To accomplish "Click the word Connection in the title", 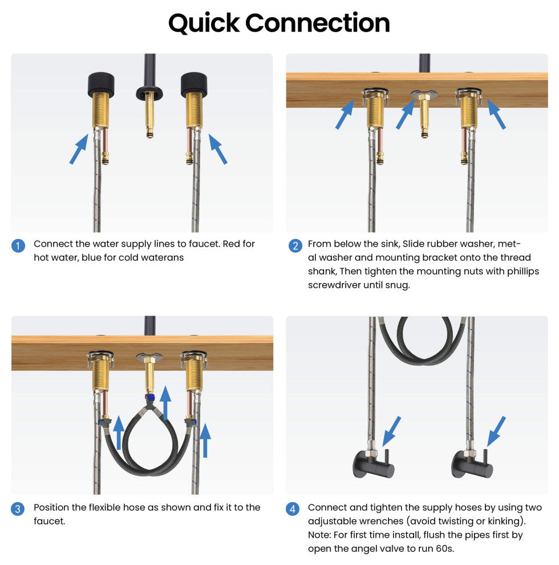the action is (x=317, y=23).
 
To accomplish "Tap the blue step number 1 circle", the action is (x=18, y=246).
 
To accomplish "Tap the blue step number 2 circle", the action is (x=295, y=246).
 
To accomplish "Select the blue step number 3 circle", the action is (x=18, y=509).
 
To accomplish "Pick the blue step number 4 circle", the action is (x=293, y=509).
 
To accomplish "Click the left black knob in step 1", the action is (x=101, y=85).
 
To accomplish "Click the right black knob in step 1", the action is (x=194, y=85).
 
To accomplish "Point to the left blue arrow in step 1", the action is (x=79, y=149).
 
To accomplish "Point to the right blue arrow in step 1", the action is (x=218, y=149).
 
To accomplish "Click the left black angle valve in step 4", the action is (x=374, y=464).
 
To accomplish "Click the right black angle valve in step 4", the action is (x=472, y=464).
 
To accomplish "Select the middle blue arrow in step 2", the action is (x=406, y=114).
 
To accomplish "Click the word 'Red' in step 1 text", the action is (x=229, y=244).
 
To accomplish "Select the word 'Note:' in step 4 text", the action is (x=319, y=535).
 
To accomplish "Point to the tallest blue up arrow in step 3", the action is (x=165, y=403).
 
